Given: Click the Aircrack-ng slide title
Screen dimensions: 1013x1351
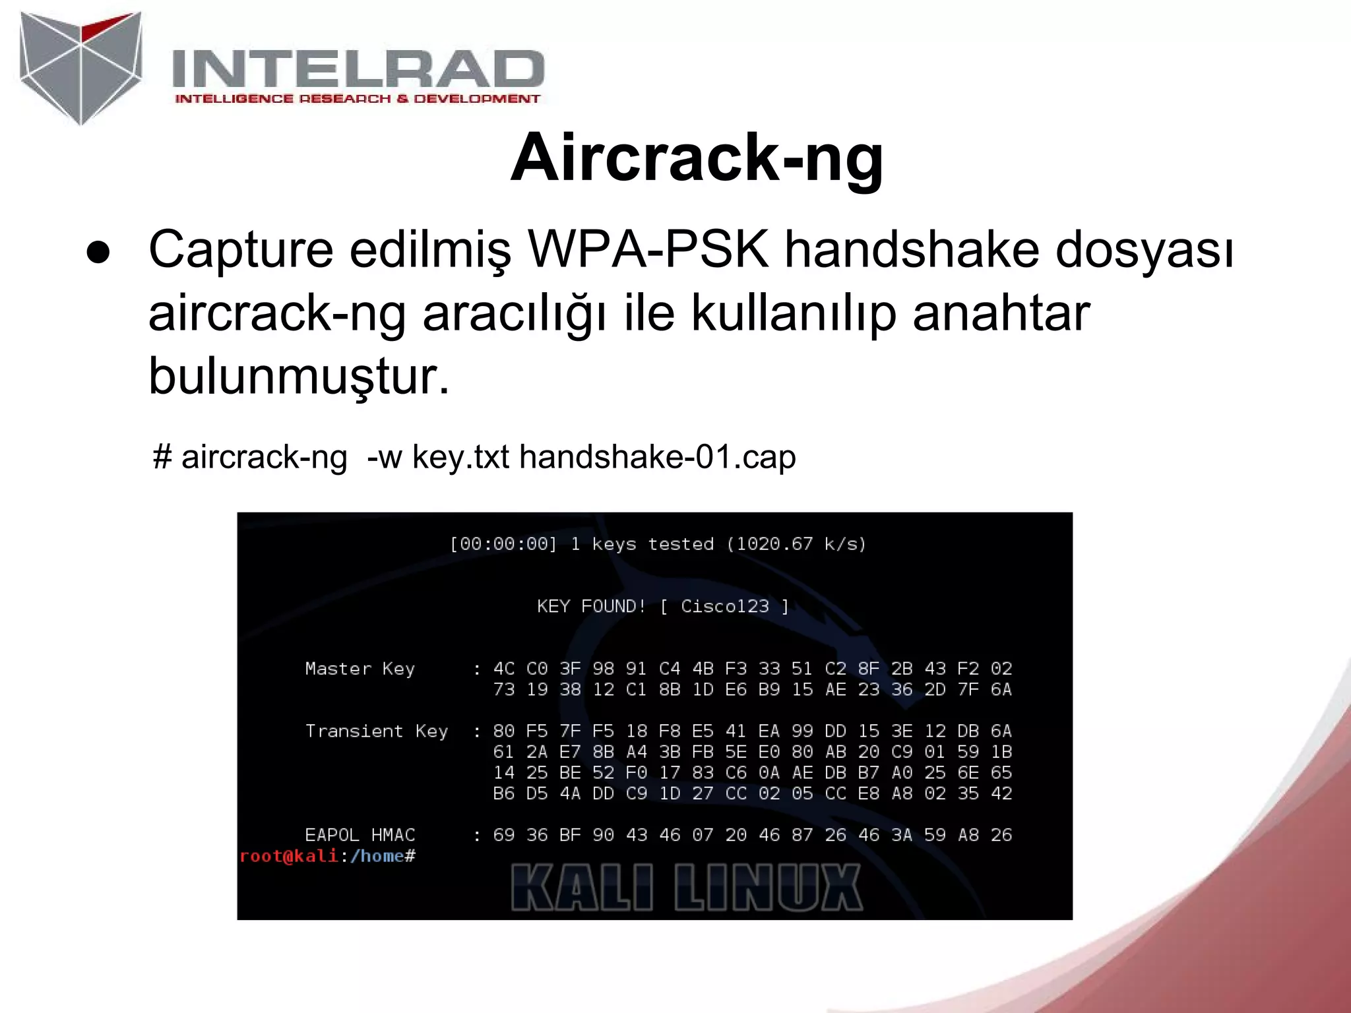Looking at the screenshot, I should pos(697,158).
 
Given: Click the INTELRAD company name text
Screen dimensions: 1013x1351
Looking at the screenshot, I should pos(358,69).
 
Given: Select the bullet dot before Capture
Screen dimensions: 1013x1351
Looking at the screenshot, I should pos(98,253).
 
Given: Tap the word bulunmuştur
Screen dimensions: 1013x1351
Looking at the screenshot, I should pos(299,376).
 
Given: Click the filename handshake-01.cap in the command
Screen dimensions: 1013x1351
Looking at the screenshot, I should pos(658,456).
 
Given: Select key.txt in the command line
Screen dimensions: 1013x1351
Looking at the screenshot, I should pos(460,456).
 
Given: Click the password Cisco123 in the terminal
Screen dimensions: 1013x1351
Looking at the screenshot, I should pos(724,606).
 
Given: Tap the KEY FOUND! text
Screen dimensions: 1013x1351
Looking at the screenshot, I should pos(591,606).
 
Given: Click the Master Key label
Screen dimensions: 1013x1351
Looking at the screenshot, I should pos(360,669).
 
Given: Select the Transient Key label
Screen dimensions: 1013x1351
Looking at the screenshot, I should pos(377,731).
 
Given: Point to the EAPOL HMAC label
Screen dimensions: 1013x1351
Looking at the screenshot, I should pos(360,835).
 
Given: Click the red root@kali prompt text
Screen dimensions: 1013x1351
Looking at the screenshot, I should pos(289,856).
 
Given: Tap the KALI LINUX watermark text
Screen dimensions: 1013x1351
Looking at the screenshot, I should pos(686,888).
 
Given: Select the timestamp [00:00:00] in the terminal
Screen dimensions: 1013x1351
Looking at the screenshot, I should pos(503,544).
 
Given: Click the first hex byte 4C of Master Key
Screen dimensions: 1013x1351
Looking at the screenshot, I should pos(503,669).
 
